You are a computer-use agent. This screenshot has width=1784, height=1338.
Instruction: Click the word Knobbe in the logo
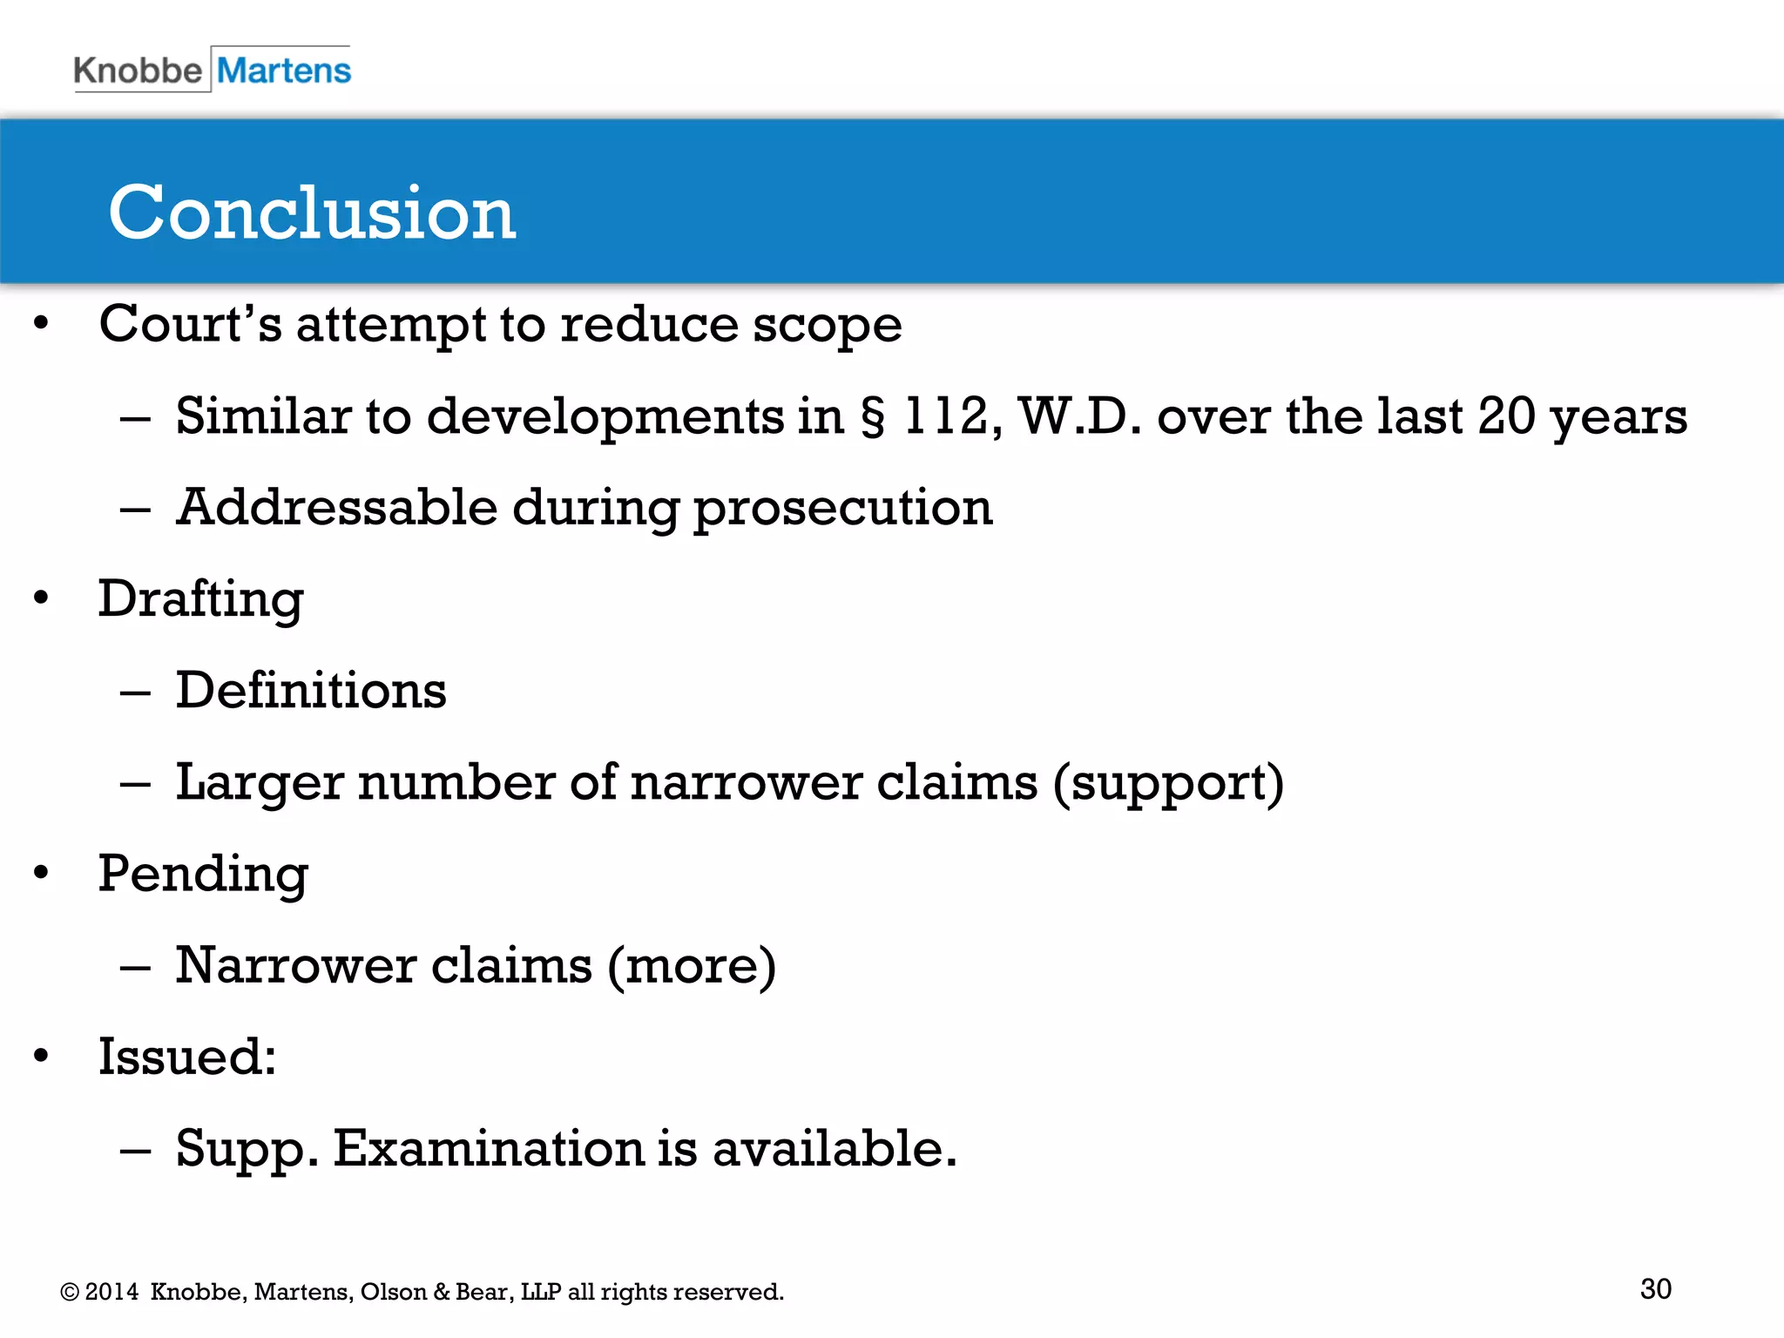coord(138,71)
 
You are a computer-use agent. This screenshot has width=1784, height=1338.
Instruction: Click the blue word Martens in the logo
coord(284,71)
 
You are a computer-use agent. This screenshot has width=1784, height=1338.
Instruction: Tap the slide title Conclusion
coord(312,213)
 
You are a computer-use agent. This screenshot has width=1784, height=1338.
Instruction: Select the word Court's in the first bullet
coord(190,324)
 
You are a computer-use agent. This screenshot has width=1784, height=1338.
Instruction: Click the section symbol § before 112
coord(873,416)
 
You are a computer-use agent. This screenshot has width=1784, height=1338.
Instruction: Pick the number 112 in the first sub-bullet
coord(946,416)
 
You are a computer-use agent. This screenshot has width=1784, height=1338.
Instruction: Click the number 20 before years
coord(1506,416)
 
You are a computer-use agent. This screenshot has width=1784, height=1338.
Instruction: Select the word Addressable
coord(336,507)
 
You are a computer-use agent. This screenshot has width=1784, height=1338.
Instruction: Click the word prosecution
coord(842,509)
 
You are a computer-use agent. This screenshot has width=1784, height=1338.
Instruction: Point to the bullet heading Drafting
coord(200,599)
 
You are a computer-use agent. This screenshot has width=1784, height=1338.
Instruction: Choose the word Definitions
coord(311,691)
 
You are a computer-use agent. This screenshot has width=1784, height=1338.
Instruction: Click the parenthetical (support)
coord(1168,783)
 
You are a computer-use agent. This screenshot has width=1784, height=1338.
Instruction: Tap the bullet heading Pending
coord(203,874)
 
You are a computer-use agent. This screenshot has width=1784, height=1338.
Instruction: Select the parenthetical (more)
coord(691,965)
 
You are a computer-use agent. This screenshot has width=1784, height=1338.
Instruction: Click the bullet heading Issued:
coord(186,1057)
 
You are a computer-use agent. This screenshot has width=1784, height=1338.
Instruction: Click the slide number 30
coord(1655,1289)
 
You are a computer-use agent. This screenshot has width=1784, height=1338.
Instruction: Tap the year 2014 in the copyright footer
coord(111,1292)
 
